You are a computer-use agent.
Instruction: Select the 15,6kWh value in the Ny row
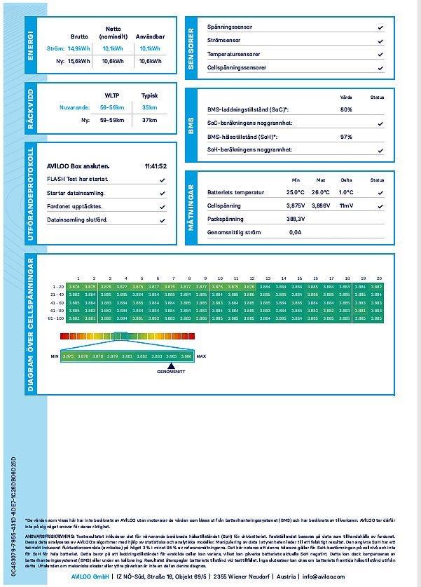click(79, 61)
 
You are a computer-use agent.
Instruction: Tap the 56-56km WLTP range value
click(112, 107)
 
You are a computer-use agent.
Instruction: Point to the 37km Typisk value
click(149, 120)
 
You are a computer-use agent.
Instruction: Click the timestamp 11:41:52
click(156, 166)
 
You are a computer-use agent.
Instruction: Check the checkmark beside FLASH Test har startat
click(163, 180)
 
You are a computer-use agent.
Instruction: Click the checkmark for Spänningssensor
click(380, 27)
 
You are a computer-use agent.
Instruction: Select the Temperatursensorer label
click(234, 54)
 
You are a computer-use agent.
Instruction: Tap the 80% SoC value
click(346, 109)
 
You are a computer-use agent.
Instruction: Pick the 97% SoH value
click(346, 137)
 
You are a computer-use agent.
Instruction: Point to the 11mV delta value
click(346, 205)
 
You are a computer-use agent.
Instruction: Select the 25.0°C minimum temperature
click(295, 192)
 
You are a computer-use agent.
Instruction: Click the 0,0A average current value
click(295, 232)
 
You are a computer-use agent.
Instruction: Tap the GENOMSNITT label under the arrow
click(171, 371)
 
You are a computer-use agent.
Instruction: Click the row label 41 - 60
click(57, 302)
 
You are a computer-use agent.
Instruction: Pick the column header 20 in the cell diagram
click(378, 278)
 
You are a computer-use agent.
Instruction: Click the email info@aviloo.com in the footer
click(324, 576)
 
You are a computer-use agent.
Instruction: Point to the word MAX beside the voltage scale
click(202, 356)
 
